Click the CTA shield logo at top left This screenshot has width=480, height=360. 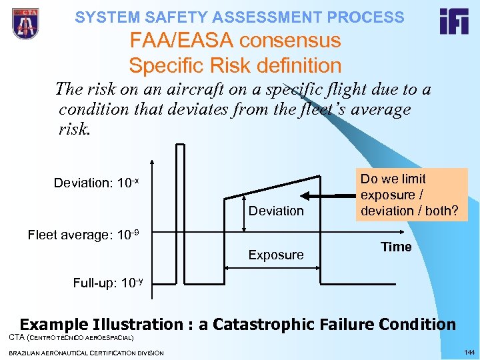(25, 24)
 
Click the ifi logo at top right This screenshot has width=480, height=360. (453, 21)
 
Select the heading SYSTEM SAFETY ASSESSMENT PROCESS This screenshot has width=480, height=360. (239, 17)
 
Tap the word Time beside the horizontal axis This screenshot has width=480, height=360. (396, 247)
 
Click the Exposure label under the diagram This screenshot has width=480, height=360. (276, 254)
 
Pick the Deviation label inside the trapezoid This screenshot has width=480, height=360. (276, 211)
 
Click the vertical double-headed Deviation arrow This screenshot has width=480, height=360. (244, 213)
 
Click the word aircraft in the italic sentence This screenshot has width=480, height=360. (185, 89)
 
